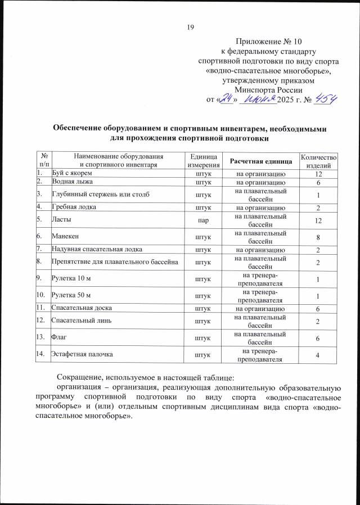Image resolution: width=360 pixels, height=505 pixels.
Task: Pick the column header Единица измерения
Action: [x=202, y=162]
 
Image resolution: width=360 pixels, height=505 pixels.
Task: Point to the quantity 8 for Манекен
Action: [x=318, y=234]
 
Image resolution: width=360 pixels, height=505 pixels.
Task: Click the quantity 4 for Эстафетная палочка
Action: [x=318, y=354]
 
